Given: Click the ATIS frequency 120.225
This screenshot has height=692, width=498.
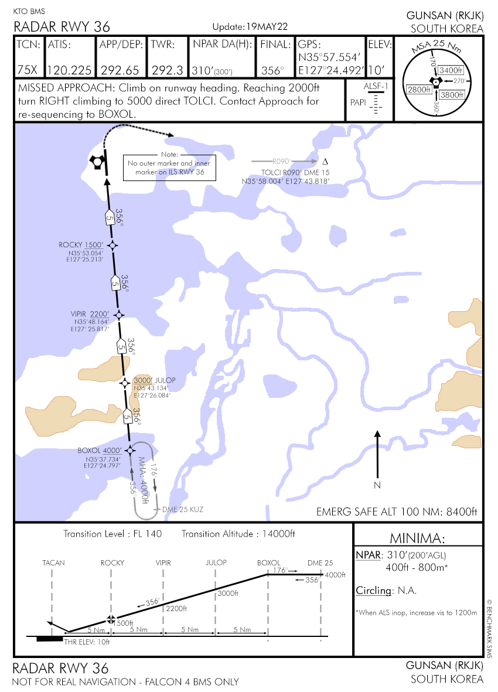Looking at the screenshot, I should pos(69,70).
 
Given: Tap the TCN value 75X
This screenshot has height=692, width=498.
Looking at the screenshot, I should pos(27,70).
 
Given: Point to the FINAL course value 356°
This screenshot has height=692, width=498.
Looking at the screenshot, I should pos(273,70).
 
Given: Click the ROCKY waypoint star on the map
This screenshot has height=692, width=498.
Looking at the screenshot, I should pos(113,246).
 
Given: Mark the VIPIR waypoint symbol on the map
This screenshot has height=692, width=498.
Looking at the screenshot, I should pos(119,315).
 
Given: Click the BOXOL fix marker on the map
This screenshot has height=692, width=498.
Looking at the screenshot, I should pos(129,450).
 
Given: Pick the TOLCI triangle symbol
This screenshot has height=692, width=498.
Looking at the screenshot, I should pos(325,161).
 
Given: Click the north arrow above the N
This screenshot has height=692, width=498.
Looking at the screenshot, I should pos(377,454).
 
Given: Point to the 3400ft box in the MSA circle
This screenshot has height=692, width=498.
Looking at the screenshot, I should pos(451,70).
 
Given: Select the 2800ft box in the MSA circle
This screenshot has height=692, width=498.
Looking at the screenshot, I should pos(419,89).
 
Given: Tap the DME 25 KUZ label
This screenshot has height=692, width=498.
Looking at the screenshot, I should pos(183,509).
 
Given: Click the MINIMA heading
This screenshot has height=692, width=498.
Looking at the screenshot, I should pos(418,538).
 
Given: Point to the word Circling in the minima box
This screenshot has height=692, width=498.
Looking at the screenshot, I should pos(373,590).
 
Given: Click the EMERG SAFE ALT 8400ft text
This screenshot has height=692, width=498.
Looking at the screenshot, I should pos(397,511).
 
